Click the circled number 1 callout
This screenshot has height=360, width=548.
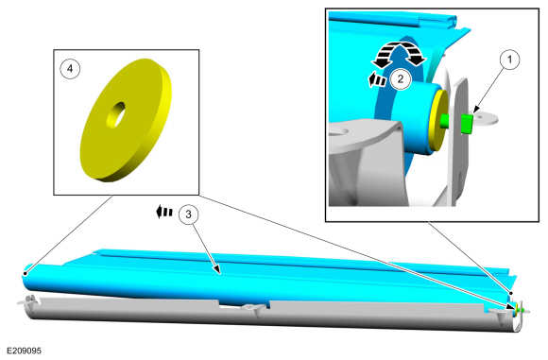pyautogui.click(x=509, y=60)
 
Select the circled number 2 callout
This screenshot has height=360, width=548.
pyautogui.click(x=401, y=79)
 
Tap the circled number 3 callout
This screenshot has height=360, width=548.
pyautogui.click(x=188, y=214)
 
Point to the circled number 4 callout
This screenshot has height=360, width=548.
pyautogui.click(x=70, y=69)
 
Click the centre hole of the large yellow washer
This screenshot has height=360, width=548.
pyautogui.click(x=116, y=114)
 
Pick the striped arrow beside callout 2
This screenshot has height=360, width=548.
pyautogui.click(x=377, y=80)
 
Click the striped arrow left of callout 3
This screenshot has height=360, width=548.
pyautogui.click(x=163, y=213)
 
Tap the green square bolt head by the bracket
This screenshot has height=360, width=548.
pyautogui.click(x=467, y=124)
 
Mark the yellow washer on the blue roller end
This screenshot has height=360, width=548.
pyautogui.click(x=437, y=121)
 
